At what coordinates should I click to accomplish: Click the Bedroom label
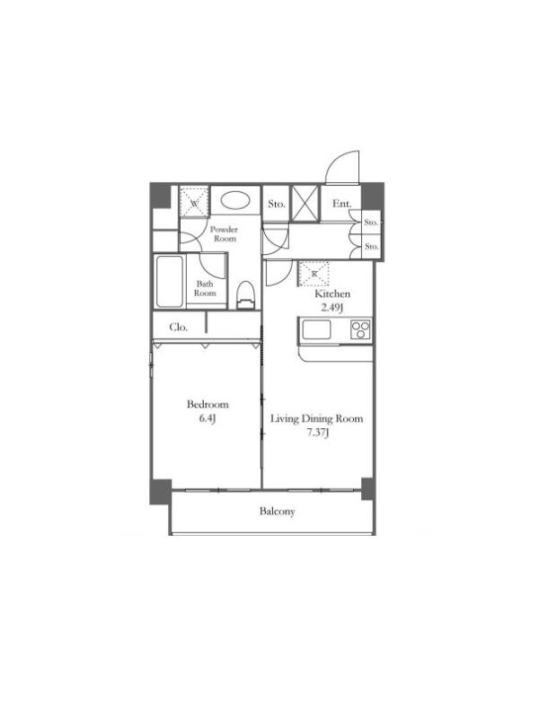[x=208, y=405]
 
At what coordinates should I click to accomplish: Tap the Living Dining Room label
[x=316, y=418]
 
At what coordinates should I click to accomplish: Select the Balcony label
[x=277, y=511]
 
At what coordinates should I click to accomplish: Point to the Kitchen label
[x=331, y=294]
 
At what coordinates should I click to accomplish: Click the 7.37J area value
[x=318, y=433]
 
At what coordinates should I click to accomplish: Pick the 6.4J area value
[x=208, y=418]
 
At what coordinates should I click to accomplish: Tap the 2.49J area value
[x=331, y=307]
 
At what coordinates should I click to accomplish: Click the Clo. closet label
[x=178, y=327]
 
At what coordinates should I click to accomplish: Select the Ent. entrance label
[x=341, y=204]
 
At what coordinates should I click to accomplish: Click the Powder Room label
[x=224, y=234]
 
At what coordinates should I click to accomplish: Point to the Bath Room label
[x=205, y=288]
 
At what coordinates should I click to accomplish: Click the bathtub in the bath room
[x=170, y=282]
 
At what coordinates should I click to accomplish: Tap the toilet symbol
[x=245, y=295]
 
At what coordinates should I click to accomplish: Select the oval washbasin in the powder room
[x=235, y=200]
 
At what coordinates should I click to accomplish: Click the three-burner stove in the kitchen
[x=360, y=329]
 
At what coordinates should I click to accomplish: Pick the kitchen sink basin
[x=316, y=329]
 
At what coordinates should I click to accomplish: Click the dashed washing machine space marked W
[x=194, y=200]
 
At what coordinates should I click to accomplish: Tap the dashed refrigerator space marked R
[x=314, y=274]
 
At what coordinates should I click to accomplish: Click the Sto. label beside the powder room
[x=277, y=204]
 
